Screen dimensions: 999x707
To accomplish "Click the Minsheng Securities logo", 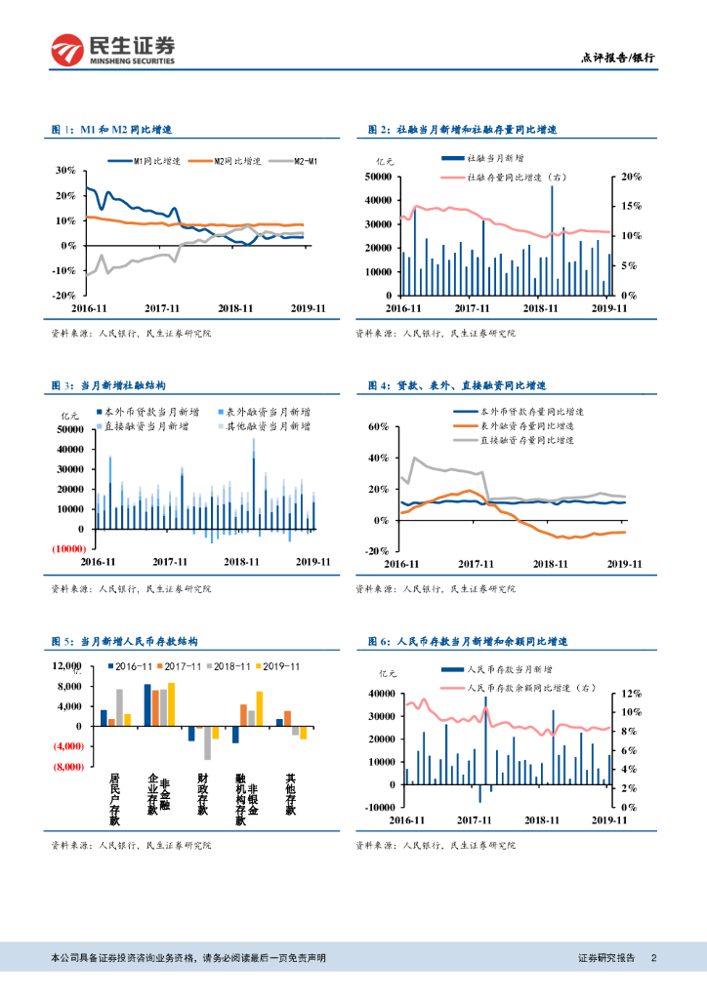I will [x=113, y=50].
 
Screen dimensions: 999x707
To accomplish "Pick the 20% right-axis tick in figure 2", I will [x=631, y=177].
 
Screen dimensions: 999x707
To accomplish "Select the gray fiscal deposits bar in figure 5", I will [x=208, y=742].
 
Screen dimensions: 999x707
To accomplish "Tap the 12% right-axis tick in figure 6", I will [x=631, y=694].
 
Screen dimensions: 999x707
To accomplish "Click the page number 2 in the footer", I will [x=653, y=958].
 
